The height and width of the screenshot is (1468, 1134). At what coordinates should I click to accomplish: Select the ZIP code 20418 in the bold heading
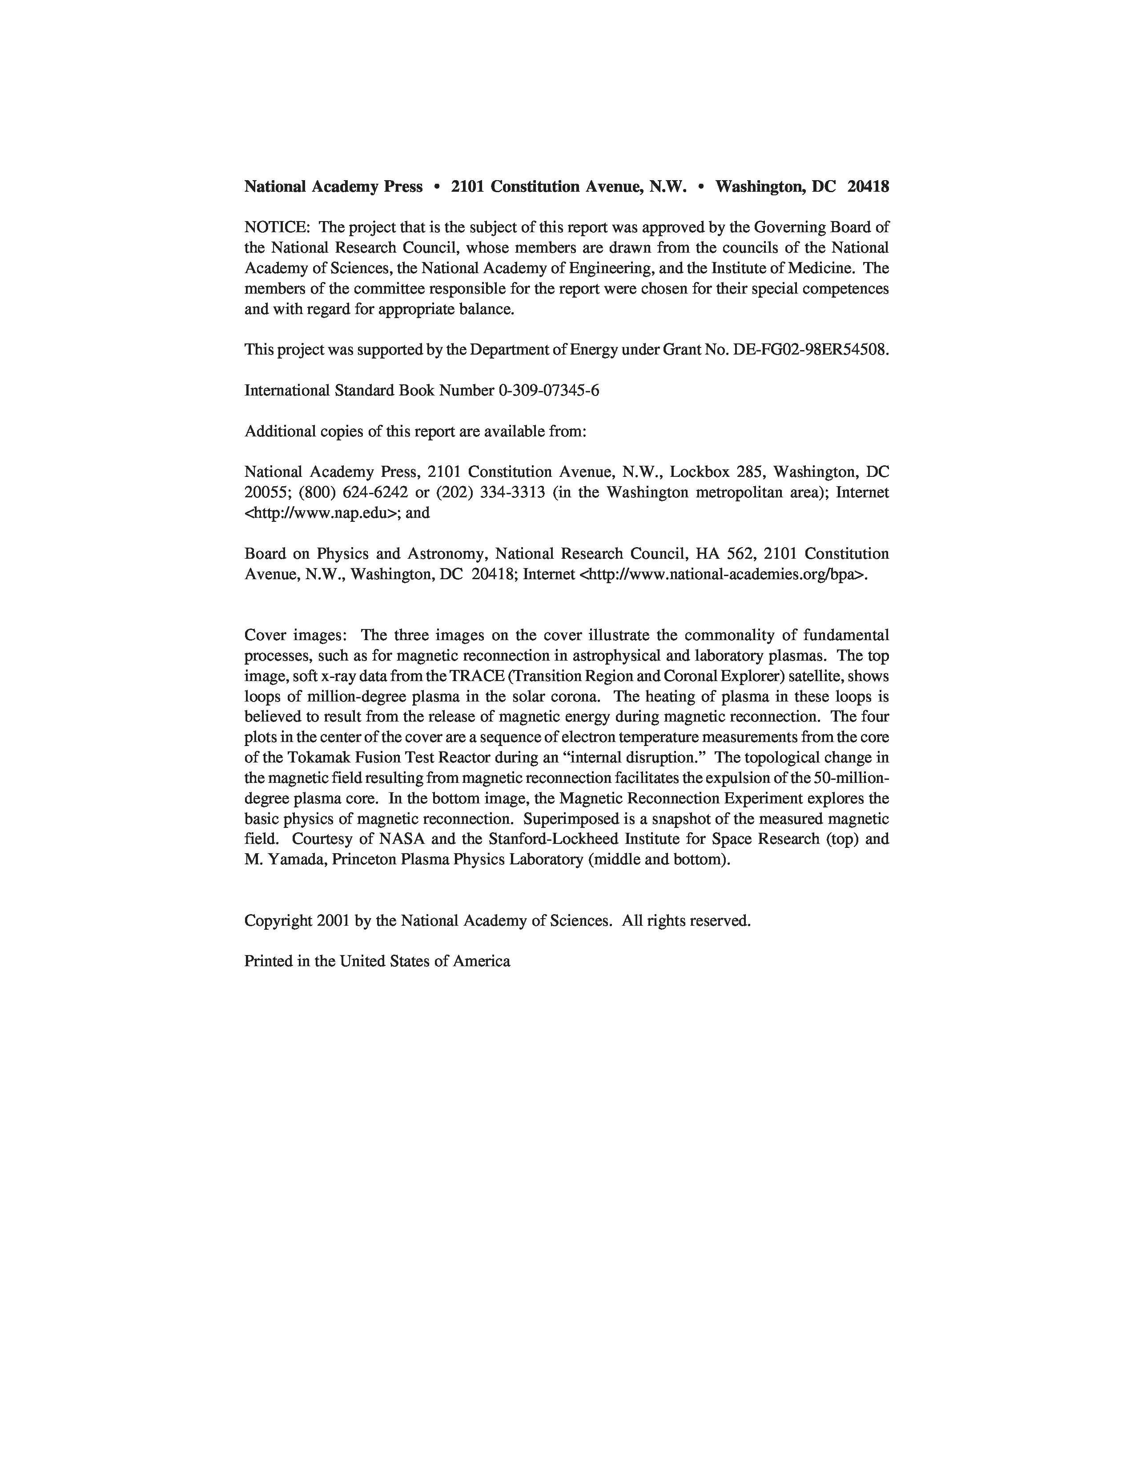tap(868, 187)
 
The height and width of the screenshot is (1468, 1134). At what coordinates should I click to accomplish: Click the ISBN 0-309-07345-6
tap(548, 391)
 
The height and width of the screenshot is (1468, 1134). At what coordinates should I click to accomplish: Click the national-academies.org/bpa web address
tap(722, 574)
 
